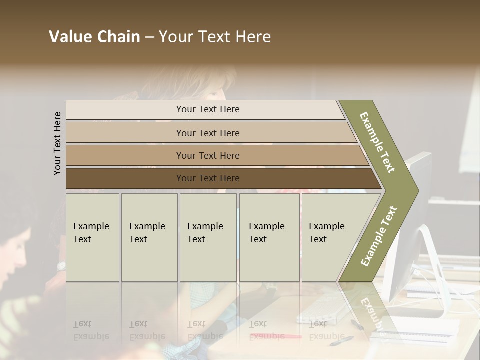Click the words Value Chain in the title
(94, 37)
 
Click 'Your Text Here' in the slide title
(215, 37)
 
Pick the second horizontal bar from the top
(208, 133)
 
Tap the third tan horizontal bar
(208, 155)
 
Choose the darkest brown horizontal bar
(208, 178)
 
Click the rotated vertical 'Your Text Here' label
(57, 143)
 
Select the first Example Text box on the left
(92, 237)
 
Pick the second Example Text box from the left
(149, 237)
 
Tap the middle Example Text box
(208, 237)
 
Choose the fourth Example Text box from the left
(269, 237)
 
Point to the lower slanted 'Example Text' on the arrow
(379, 236)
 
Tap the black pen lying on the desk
(342, 340)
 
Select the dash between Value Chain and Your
(149, 37)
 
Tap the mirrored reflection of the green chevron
(367, 310)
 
